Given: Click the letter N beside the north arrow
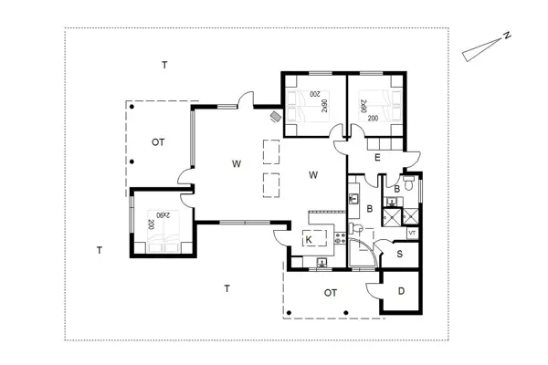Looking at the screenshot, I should point(504,37).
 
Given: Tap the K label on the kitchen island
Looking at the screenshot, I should point(310,240).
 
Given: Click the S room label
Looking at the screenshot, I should point(401,255).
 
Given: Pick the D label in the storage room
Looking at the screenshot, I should point(401,292).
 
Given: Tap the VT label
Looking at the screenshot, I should point(413,234).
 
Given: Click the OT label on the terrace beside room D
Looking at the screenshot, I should point(331,293).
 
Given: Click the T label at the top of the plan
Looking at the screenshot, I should point(164,65).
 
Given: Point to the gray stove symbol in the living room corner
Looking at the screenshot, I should point(276,115).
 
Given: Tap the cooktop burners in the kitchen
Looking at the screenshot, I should point(340,239).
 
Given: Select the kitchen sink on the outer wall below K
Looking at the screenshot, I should point(322,263).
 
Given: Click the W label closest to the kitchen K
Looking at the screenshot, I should point(313,173).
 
